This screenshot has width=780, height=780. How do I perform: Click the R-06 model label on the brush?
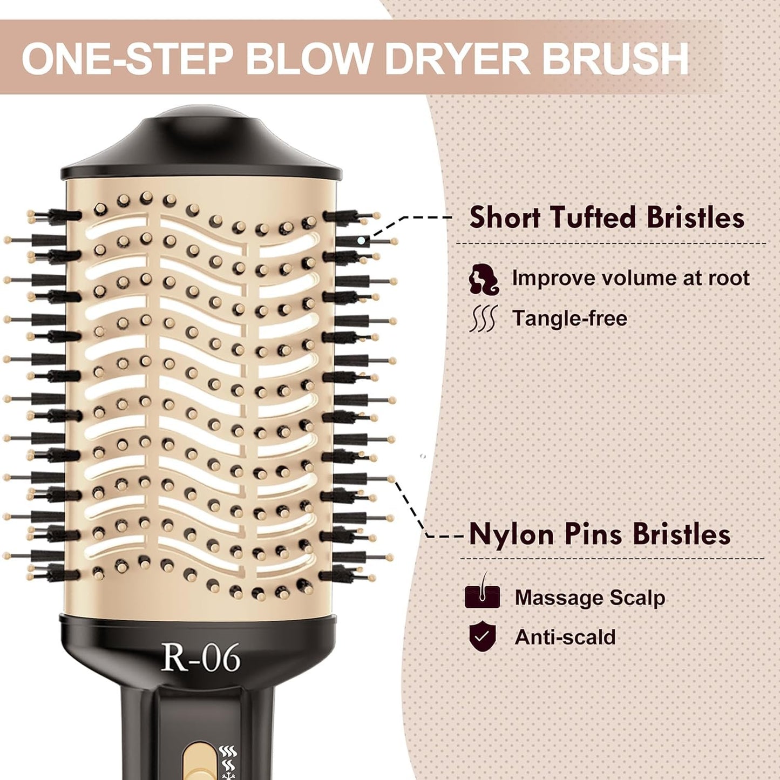tap(200, 658)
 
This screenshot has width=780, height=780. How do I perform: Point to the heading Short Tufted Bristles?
tap(606, 218)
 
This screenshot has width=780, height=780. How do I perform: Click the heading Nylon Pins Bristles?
tap(600, 534)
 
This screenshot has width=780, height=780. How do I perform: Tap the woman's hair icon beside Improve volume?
tap(483, 279)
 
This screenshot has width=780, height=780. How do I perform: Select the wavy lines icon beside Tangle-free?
tap(483, 318)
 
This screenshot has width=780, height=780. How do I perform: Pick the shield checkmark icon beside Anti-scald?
tap(482, 637)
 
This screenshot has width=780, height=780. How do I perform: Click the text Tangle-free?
tap(569, 318)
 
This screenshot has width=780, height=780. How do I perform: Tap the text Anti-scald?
tap(565, 637)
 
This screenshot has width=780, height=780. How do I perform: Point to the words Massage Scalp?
tap(590, 598)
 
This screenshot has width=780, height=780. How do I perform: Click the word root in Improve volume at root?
tap(729, 278)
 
